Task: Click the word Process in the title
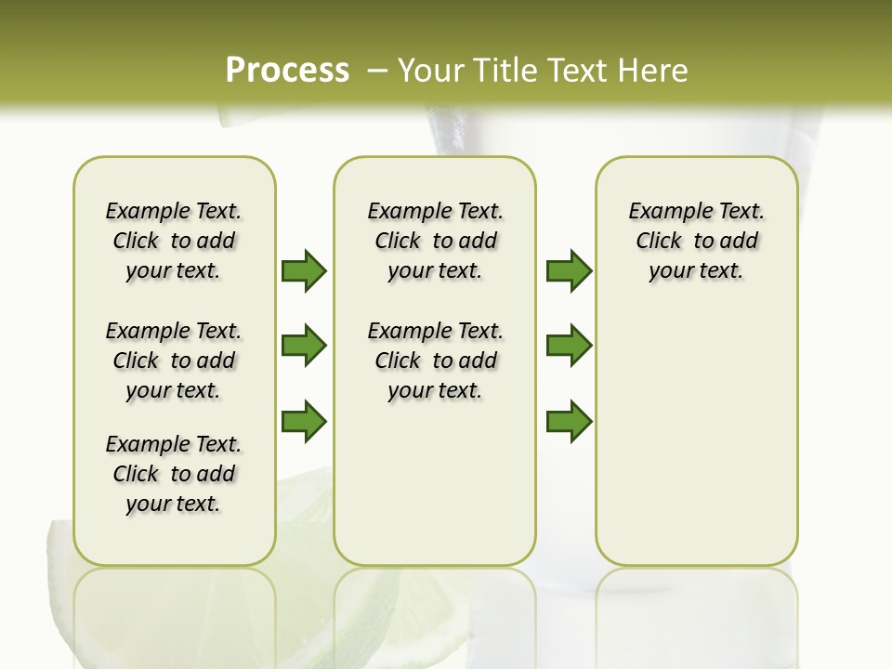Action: [287, 70]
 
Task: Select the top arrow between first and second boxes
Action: [304, 270]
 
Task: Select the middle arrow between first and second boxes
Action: [304, 346]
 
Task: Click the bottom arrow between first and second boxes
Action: [304, 422]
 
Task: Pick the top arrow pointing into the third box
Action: [569, 270]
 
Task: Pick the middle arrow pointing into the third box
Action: [569, 346]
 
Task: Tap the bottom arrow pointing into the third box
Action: [569, 422]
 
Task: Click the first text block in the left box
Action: [174, 241]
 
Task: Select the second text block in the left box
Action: [174, 361]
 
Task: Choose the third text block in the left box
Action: [174, 474]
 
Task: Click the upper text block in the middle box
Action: [435, 241]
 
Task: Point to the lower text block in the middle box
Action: [435, 361]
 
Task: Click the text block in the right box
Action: [696, 241]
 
